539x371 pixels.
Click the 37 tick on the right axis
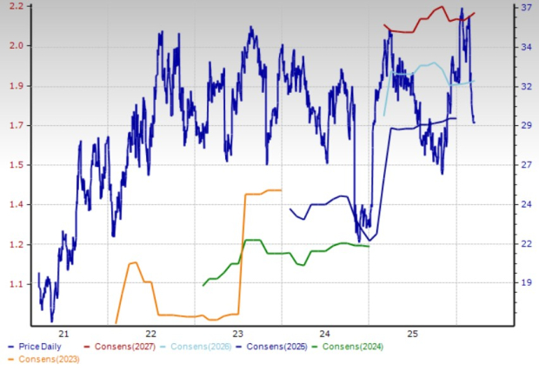525,7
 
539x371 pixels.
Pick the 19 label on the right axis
525,283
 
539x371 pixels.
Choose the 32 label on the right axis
525,86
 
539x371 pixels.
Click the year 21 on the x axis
63,334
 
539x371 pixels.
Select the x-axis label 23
238,334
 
